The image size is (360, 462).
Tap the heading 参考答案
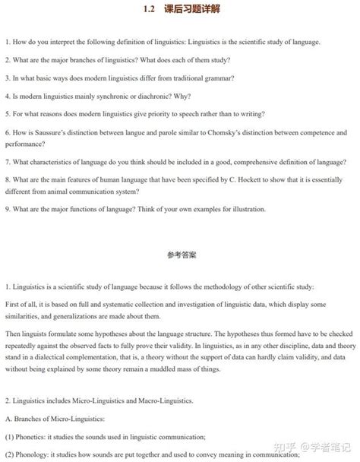[180, 256]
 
